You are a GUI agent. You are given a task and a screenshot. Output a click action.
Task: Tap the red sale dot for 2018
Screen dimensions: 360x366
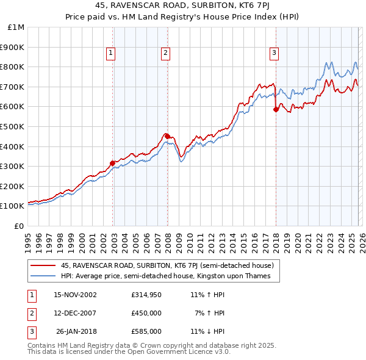(x=276, y=110)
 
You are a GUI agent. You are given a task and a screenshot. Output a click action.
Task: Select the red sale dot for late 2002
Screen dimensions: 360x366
(x=113, y=163)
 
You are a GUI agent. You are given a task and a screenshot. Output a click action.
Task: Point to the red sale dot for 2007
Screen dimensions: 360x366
(x=167, y=136)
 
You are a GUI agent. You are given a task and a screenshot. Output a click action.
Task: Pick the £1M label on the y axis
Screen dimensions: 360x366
(x=16, y=27)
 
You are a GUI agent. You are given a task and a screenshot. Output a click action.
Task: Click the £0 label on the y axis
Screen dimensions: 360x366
(x=20, y=226)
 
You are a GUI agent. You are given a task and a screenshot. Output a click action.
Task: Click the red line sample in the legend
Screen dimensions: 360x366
(x=43, y=265)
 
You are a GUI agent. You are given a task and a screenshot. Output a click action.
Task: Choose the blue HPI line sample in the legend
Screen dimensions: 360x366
(x=43, y=276)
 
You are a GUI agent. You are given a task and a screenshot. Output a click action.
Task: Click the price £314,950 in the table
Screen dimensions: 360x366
(x=146, y=294)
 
